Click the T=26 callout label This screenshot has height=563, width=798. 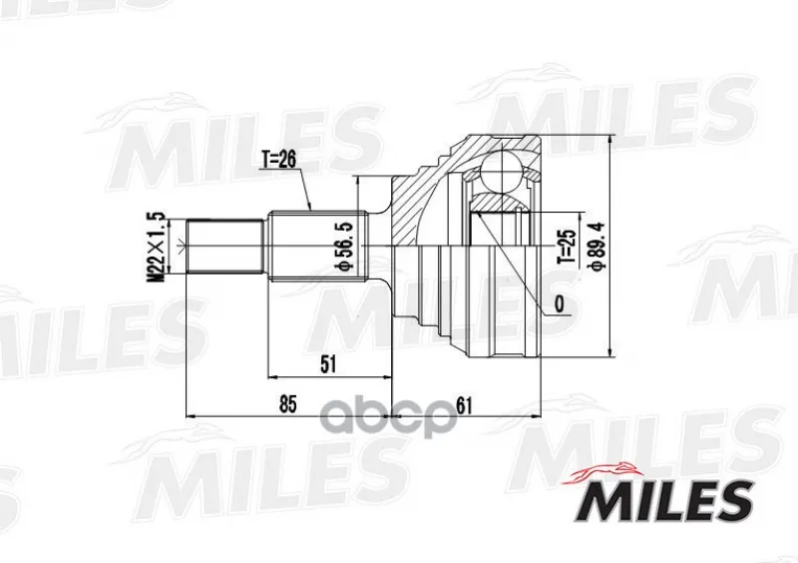[278, 160]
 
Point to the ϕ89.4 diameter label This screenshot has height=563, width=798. [597, 246]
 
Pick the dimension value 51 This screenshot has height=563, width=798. [328, 364]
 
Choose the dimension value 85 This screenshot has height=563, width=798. [287, 404]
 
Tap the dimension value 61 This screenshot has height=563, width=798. [464, 405]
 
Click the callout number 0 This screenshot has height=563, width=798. [560, 304]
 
